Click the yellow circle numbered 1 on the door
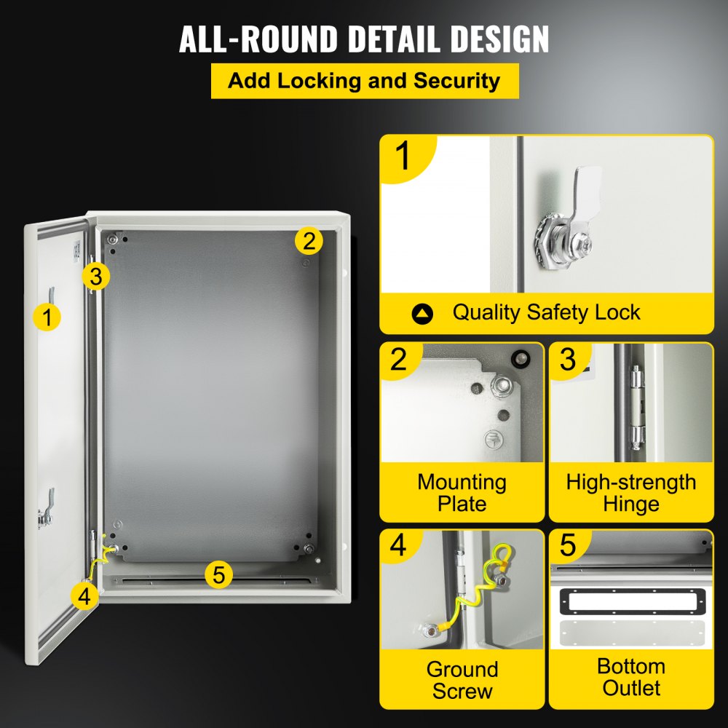point(47,317)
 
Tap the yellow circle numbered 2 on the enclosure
point(309,240)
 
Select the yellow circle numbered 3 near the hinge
point(95,276)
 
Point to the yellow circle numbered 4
point(85,596)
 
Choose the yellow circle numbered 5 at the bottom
point(218,574)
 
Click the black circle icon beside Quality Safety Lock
point(422,314)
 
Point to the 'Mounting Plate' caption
point(462,493)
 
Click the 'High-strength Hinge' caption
point(631,493)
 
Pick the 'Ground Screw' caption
point(462,680)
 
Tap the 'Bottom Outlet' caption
point(631,677)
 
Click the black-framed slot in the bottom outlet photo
point(630,601)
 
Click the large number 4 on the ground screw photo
point(398,547)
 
